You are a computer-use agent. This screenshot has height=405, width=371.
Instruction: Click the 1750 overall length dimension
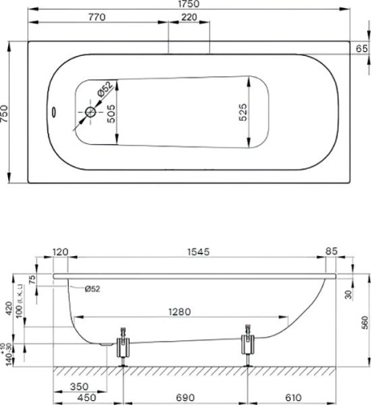190,5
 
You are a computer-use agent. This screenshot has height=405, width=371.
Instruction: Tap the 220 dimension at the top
189,18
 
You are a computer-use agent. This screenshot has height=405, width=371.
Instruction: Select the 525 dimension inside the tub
242,114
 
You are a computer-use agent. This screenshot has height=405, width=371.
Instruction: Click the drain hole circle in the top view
90,114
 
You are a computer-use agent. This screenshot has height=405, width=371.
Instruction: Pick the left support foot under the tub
124,347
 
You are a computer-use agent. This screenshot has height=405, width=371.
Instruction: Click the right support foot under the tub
248,347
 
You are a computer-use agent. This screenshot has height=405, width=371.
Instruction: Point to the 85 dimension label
330,252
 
